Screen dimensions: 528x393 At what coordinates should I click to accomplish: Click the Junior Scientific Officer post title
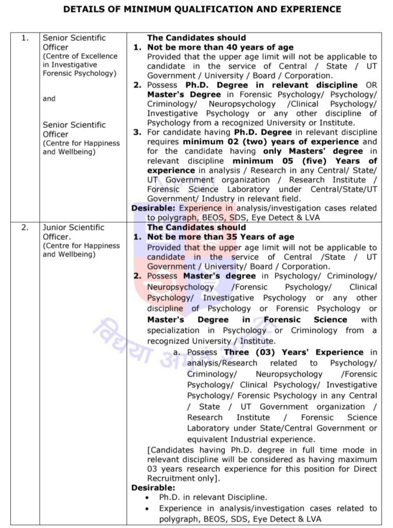[x=73, y=232]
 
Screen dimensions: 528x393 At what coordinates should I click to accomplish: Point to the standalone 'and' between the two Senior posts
[x=49, y=98]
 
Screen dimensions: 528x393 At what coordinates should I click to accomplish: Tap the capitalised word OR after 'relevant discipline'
[x=370, y=85]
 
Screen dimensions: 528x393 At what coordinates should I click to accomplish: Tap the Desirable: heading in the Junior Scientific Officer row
[x=153, y=487]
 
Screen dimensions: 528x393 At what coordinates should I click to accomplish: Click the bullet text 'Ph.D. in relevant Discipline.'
[x=213, y=498]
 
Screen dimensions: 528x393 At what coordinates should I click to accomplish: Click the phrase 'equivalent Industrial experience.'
[x=251, y=439]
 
